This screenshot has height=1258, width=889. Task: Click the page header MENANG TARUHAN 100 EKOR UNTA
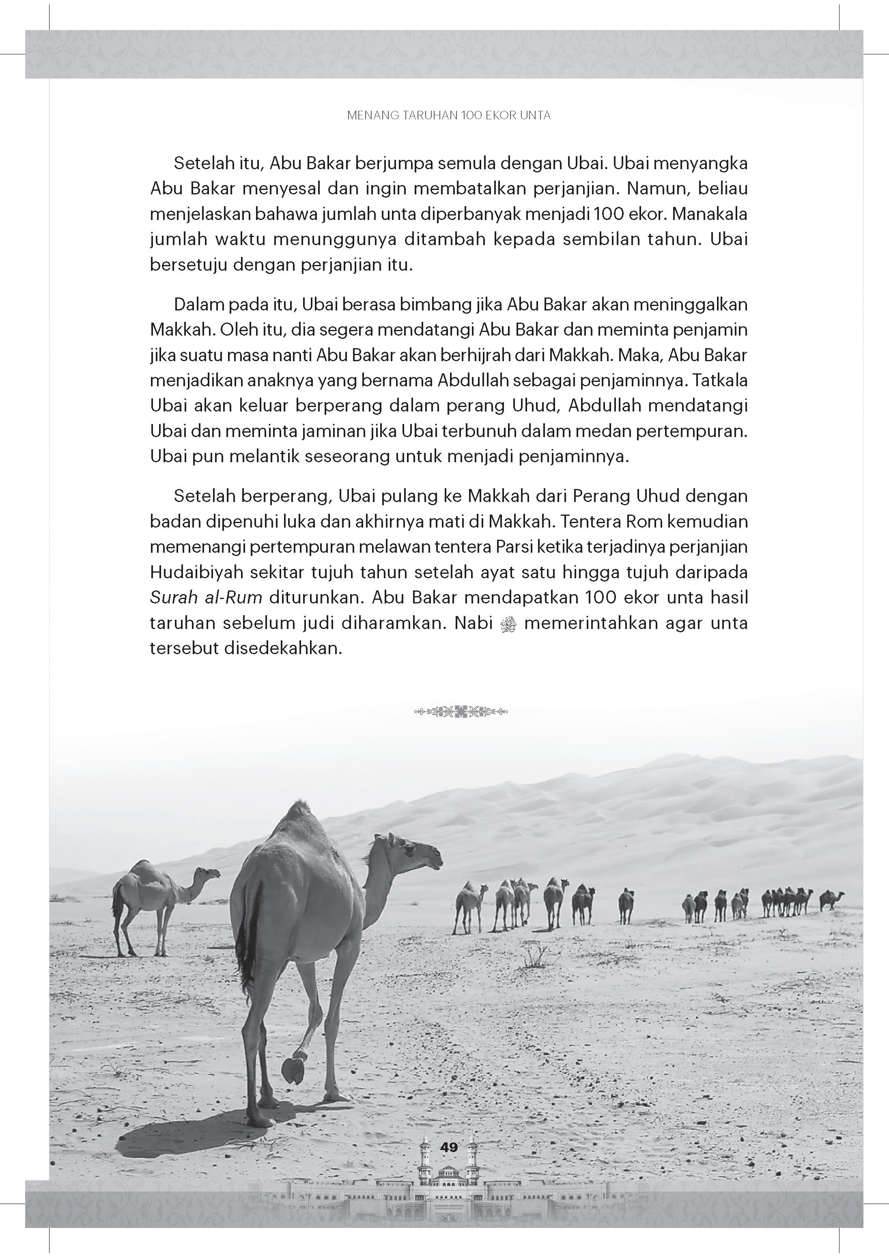click(449, 116)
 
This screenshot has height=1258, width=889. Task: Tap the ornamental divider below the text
click(461, 712)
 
